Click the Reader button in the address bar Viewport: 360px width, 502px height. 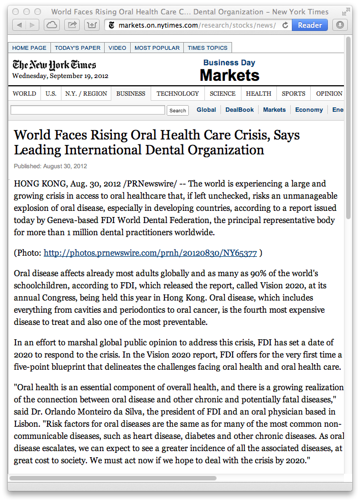click(310, 25)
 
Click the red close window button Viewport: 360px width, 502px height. click(16, 12)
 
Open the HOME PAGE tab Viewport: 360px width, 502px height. click(29, 48)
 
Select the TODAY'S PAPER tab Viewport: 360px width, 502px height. click(78, 48)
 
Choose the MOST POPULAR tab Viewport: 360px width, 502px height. click(157, 48)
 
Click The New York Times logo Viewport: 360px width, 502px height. click(54, 65)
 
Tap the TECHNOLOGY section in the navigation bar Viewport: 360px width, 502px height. click(177, 94)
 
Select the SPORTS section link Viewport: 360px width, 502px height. click(293, 94)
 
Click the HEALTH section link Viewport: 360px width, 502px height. click(259, 94)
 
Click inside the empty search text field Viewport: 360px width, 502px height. click(88, 110)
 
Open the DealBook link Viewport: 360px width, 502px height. click(239, 110)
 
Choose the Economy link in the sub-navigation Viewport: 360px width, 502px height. click(309, 110)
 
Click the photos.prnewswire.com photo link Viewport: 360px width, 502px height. click(150, 253)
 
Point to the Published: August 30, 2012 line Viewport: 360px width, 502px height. click(50, 166)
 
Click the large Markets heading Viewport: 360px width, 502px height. click(229, 75)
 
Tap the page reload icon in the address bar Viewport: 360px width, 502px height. click(285, 25)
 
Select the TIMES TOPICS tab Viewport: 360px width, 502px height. click(207, 48)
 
